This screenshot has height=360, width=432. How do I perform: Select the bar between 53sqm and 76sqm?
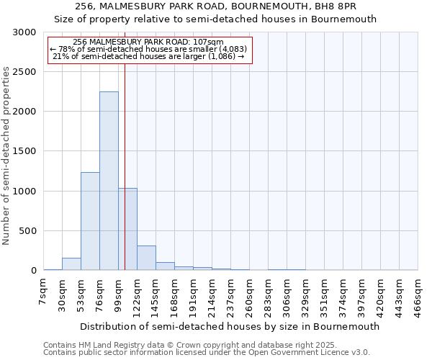pyautogui.click(x=90, y=221)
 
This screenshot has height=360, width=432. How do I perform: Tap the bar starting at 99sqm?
pyautogui.click(x=128, y=229)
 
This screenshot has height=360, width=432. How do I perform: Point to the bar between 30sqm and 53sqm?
pyautogui.click(x=71, y=264)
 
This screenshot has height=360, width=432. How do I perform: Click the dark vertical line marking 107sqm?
pyautogui.click(x=125, y=144)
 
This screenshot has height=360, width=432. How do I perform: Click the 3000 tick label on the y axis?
pyautogui.click(x=24, y=32)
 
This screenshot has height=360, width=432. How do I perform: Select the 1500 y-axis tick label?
pyautogui.click(x=24, y=152)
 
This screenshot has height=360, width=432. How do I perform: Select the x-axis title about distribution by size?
pyautogui.click(x=230, y=326)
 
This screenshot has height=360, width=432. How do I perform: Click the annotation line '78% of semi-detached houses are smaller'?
pyautogui.click(x=150, y=49)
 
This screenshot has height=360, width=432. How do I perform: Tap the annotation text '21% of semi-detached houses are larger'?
pyautogui.click(x=150, y=56)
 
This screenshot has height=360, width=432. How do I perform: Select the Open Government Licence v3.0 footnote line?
pyautogui.click(x=207, y=353)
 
